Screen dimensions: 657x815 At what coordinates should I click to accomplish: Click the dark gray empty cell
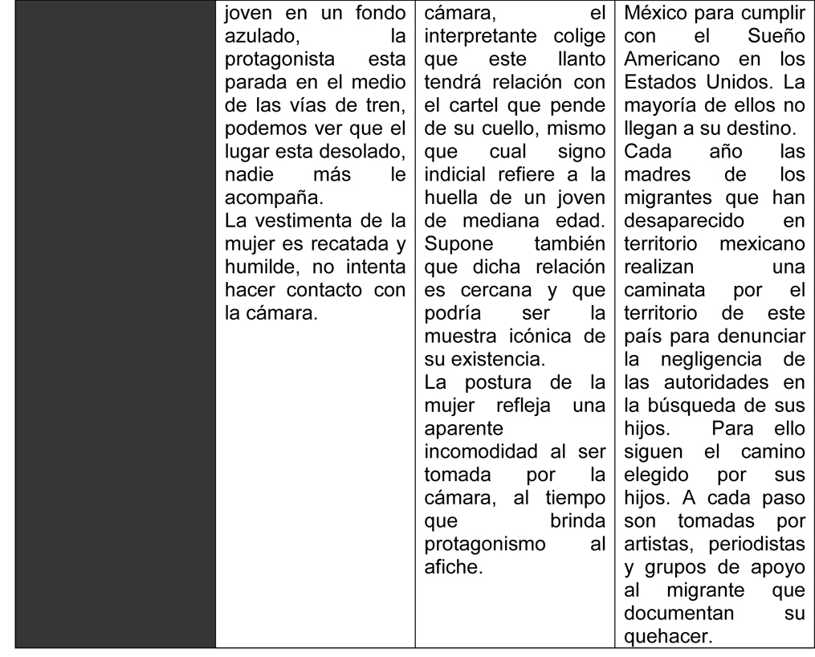(x=116, y=321)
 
